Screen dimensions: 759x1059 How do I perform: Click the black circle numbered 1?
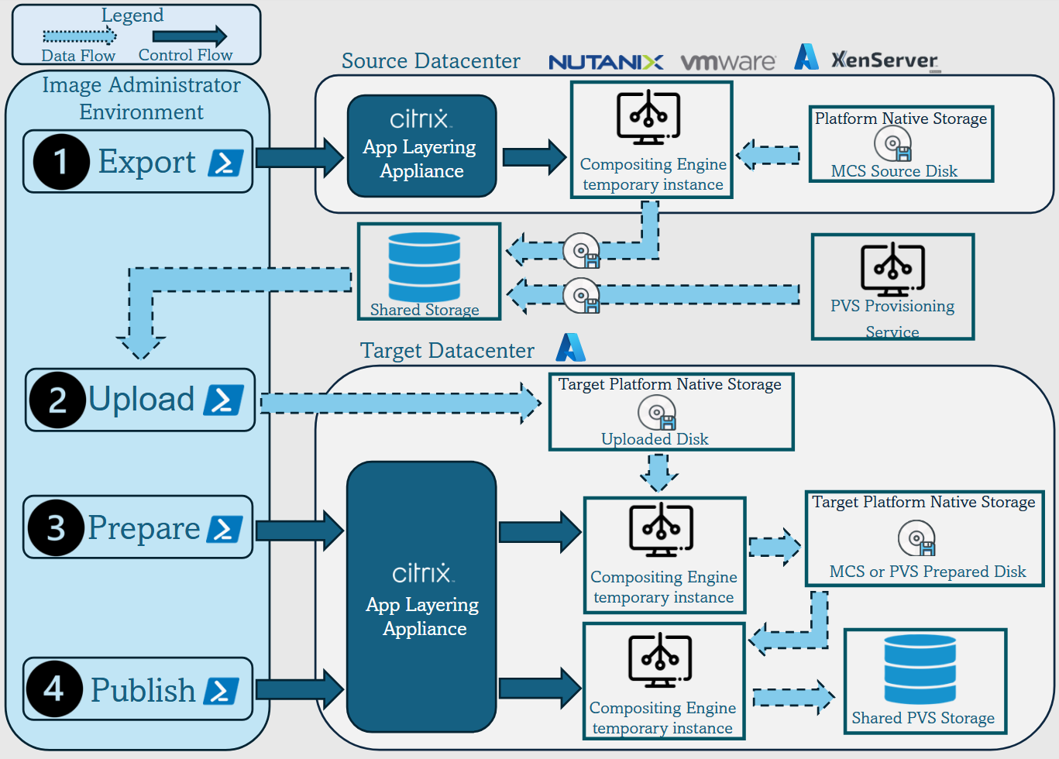pyautogui.click(x=61, y=162)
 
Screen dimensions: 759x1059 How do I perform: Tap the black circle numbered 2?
pyautogui.click(x=57, y=400)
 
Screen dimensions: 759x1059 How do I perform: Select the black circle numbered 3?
pyautogui.click(x=56, y=527)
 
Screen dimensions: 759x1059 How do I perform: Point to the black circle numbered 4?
pyautogui.click(x=54, y=689)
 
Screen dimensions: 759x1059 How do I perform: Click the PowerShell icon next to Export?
pyautogui.click(x=225, y=163)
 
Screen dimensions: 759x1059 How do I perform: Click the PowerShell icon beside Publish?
pyautogui.click(x=221, y=691)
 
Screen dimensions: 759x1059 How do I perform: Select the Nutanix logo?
pyautogui.click(x=605, y=62)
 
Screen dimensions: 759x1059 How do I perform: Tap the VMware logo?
pyautogui.click(x=727, y=62)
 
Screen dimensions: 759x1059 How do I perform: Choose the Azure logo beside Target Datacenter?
pyautogui.click(x=571, y=348)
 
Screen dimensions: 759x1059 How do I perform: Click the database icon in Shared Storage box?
pyautogui.click(x=424, y=266)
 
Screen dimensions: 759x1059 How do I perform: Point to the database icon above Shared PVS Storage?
pyautogui.click(x=920, y=669)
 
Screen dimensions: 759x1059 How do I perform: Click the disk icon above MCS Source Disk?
pyautogui.click(x=893, y=144)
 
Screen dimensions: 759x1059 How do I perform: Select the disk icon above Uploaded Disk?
pyautogui.click(x=657, y=412)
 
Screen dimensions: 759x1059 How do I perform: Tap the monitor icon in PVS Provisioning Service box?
pyautogui.click(x=892, y=269)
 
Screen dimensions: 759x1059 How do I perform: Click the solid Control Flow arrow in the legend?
pyautogui.click(x=189, y=36)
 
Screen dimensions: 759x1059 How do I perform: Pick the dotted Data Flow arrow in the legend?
pyautogui.click(x=79, y=36)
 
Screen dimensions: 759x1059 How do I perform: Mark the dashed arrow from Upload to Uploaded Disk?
pyautogui.click(x=400, y=403)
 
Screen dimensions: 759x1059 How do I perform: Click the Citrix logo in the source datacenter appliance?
pyautogui.click(x=420, y=118)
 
